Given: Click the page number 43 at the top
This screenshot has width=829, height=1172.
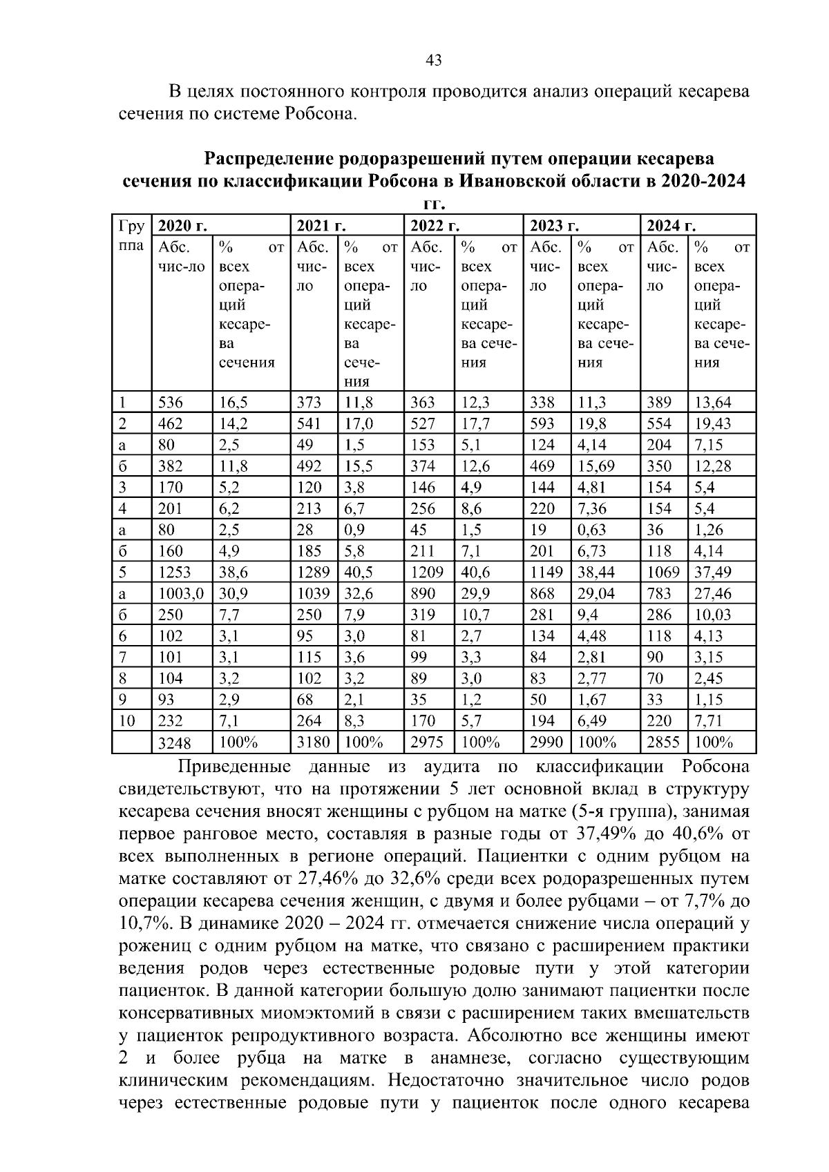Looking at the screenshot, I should [434, 61].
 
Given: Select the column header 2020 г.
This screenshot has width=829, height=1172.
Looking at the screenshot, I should [183, 226].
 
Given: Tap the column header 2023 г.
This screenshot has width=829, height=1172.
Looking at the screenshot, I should [553, 226].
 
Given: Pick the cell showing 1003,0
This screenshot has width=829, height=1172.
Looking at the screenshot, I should [181, 593].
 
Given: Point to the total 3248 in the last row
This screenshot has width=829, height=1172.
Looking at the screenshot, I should [175, 743].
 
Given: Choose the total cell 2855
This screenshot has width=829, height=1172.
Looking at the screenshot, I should [663, 742].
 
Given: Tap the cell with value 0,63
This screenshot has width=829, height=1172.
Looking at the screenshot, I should [591, 530].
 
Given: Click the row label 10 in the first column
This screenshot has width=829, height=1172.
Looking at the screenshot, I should [127, 721].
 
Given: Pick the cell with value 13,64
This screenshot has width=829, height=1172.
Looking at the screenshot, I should [712, 403].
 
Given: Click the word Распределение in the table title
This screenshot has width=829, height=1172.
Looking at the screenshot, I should [270, 160].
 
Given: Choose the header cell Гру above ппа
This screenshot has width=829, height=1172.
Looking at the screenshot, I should [131, 226].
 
